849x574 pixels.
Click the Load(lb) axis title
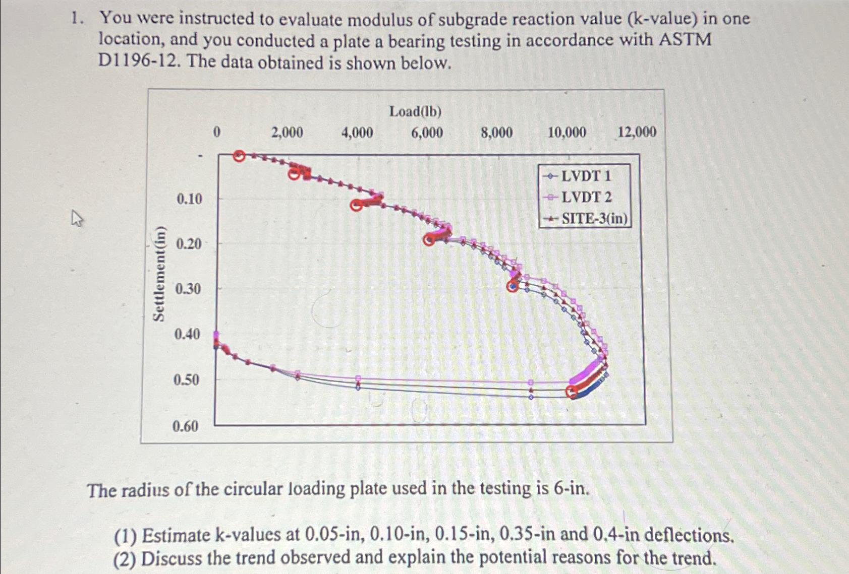click(x=415, y=111)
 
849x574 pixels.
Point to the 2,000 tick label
click(x=287, y=133)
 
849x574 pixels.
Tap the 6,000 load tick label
click(x=427, y=133)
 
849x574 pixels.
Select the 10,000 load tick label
click(x=567, y=133)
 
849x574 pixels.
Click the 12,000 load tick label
click(x=637, y=132)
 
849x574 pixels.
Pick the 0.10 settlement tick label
click(x=189, y=199)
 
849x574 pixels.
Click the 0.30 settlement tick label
click(x=188, y=289)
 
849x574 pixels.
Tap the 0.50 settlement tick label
click(x=186, y=379)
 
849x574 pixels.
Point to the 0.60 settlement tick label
click(x=185, y=426)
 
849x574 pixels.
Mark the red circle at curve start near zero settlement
click(x=239, y=156)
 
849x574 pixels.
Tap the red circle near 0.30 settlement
click(x=513, y=287)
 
